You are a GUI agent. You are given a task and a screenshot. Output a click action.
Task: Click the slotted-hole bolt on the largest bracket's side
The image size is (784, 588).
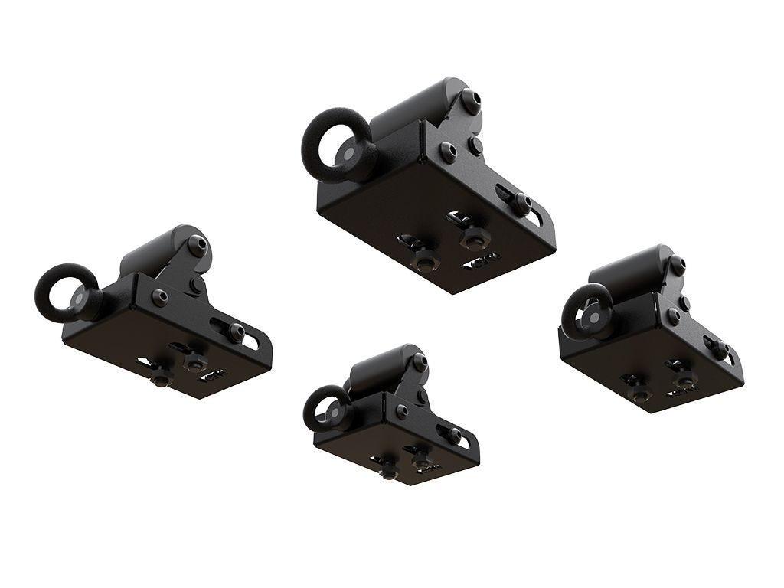point(522,202)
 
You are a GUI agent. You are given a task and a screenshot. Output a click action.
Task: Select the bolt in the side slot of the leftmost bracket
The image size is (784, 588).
point(236,332)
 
